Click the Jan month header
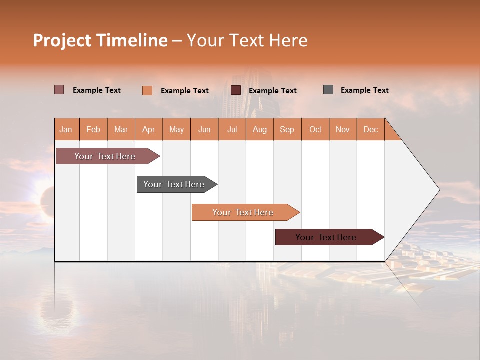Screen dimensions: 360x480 (66, 129)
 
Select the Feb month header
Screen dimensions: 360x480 (93, 129)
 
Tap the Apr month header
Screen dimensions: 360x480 (148, 129)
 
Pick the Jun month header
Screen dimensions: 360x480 (204, 129)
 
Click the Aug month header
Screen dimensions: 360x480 (259, 129)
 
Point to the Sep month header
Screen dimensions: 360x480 (287, 129)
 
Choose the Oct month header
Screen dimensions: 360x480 (315, 129)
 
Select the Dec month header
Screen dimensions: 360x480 (370, 129)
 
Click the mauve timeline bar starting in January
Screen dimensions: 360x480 (105, 156)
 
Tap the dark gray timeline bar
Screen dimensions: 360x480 (174, 184)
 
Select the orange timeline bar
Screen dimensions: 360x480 (243, 212)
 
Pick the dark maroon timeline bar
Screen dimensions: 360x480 (326, 237)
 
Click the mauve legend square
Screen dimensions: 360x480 (59, 90)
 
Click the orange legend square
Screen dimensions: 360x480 (147, 90)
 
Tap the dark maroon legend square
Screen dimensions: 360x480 (236, 90)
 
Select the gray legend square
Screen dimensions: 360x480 (328, 90)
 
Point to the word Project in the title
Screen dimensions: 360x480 (61, 40)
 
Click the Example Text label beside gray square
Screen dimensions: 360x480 (364, 90)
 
